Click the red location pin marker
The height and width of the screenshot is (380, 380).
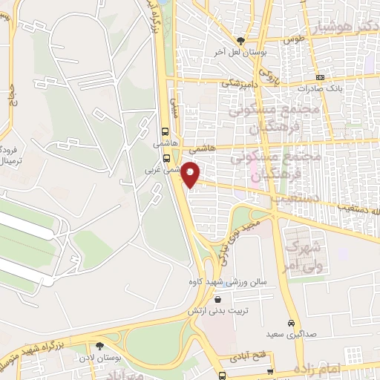click(191, 172)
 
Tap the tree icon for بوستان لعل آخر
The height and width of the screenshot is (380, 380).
click(240, 42)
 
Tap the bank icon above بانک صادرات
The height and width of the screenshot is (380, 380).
click(320, 76)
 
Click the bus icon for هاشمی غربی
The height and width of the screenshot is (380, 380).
click(166, 157)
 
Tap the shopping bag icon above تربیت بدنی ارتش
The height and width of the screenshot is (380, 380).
click(217, 299)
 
